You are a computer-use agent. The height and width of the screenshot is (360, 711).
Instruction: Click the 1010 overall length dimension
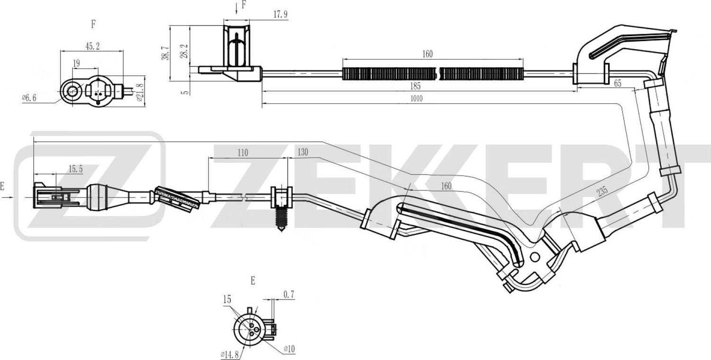tap(417, 99)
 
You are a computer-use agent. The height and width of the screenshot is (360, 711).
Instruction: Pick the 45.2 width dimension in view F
tap(91, 46)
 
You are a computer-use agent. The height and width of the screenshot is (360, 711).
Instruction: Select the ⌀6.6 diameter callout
tap(29, 98)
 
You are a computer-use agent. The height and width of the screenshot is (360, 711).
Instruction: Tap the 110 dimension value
tap(243, 153)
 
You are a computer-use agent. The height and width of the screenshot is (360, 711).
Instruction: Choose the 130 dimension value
tap(303, 153)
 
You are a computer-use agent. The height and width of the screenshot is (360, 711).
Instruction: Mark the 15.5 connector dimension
tap(75, 168)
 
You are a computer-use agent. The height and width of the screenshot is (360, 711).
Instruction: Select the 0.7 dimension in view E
tap(289, 295)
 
